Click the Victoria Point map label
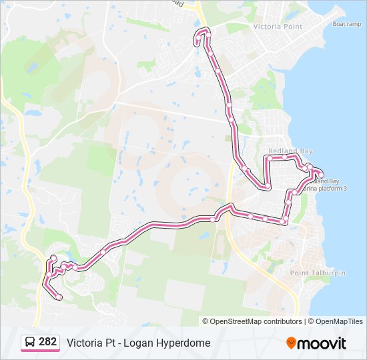pos(278,27)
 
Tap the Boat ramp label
pos(348,24)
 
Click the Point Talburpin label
pos(318,273)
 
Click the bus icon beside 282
pos(31,343)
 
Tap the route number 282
pos(48,342)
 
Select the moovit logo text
pos(322,343)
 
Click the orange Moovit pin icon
pos(292,343)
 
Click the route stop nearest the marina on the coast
pos(321,175)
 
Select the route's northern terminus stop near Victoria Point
pos(197,43)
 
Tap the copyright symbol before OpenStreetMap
pos(206,321)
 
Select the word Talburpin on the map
pos(327,273)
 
